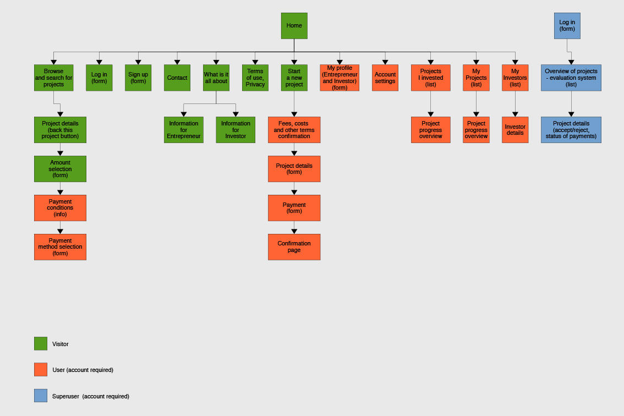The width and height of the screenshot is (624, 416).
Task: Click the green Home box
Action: (294, 26)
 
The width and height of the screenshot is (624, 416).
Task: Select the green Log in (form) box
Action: (99, 78)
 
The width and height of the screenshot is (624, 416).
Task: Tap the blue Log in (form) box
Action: (567, 26)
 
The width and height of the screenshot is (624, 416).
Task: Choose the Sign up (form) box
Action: (138, 78)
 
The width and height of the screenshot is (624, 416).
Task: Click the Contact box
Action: (177, 78)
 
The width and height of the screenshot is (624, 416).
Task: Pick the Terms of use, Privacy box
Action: (255, 78)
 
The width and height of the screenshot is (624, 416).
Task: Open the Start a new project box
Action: (294, 78)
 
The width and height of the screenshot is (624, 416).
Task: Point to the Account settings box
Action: (385, 78)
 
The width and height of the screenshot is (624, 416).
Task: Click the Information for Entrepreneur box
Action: (184, 130)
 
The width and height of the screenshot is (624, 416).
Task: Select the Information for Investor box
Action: (236, 130)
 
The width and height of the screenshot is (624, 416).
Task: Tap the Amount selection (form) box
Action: (60, 169)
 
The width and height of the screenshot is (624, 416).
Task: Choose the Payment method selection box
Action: (60, 247)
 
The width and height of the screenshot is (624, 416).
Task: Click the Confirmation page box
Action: (294, 247)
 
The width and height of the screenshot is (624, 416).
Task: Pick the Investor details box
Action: (515, 130)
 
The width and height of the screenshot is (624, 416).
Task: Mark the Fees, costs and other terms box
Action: (294, 130)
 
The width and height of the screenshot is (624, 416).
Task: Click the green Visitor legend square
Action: (41, 344)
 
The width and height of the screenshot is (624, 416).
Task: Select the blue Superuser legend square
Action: (41, 396)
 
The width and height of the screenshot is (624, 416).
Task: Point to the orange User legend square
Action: (41, 370)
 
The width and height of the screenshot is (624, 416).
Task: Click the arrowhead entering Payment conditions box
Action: (60, 192)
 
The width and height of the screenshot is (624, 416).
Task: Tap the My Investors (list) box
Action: (515, 78)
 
